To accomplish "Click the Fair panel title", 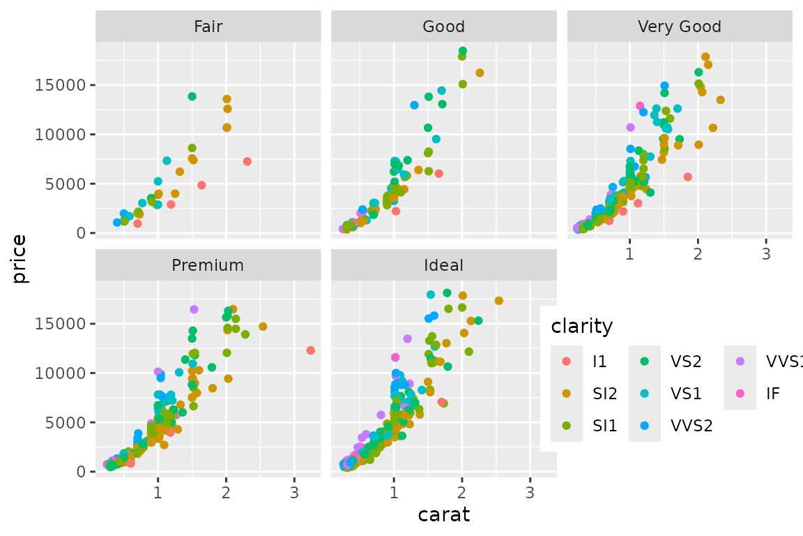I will click(208, 27).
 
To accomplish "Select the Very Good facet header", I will click(680, 27).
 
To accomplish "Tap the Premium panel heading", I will click(208, 265).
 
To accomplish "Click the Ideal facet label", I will click(443, 265).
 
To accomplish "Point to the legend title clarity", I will click(581, 326).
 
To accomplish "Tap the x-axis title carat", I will click(443, 516).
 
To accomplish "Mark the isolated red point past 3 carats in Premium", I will click(310, 350).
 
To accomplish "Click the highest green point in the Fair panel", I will click(192, 96).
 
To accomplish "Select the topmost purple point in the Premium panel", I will click(194, 309).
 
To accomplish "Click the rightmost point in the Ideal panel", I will click(498, 301).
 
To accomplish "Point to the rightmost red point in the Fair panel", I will click(247, 161).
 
